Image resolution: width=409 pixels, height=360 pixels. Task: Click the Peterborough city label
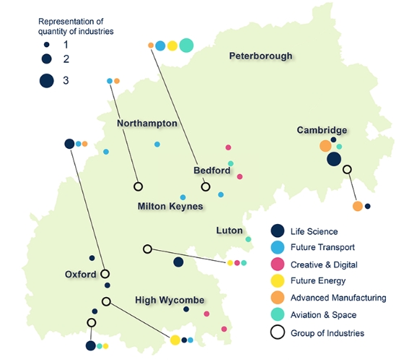coord(261,56)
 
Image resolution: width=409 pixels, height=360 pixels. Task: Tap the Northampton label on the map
coord(147,124)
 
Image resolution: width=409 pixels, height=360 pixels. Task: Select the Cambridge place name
coord(322,130)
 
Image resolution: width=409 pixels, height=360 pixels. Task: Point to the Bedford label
coord(212,171)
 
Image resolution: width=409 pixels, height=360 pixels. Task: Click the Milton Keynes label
coord(170,206)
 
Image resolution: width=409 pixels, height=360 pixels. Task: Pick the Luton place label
coord(229,231)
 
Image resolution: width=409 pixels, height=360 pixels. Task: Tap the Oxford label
coord(80,275)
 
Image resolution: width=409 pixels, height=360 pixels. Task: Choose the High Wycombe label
coord(170,300)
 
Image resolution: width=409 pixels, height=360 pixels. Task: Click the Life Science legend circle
coord(277,231)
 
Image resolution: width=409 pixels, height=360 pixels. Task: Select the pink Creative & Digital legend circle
coord(277,264)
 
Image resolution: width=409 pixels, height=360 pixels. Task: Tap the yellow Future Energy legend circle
coord(277,280)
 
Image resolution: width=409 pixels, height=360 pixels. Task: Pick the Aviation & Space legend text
coord(324,315)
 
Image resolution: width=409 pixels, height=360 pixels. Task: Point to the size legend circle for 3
coord(47,81)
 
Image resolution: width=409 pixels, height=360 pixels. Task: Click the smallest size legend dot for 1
coord(47,45)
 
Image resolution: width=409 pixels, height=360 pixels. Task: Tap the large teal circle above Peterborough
coord(186,46)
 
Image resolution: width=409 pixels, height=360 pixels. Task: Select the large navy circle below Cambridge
coord(334,159)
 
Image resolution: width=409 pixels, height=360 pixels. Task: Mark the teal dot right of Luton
coord(249,239)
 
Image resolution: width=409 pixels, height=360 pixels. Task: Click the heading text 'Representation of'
coord(71,22)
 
